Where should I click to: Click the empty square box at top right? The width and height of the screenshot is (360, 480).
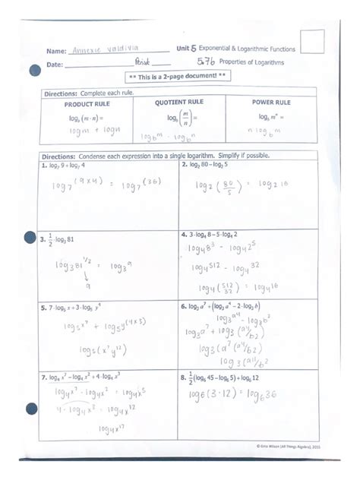point(311,42)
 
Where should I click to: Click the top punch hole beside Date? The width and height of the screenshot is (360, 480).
point(34,71)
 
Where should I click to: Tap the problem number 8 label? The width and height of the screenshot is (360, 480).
point(183,377)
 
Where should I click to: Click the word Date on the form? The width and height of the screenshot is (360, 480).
point(55,65)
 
